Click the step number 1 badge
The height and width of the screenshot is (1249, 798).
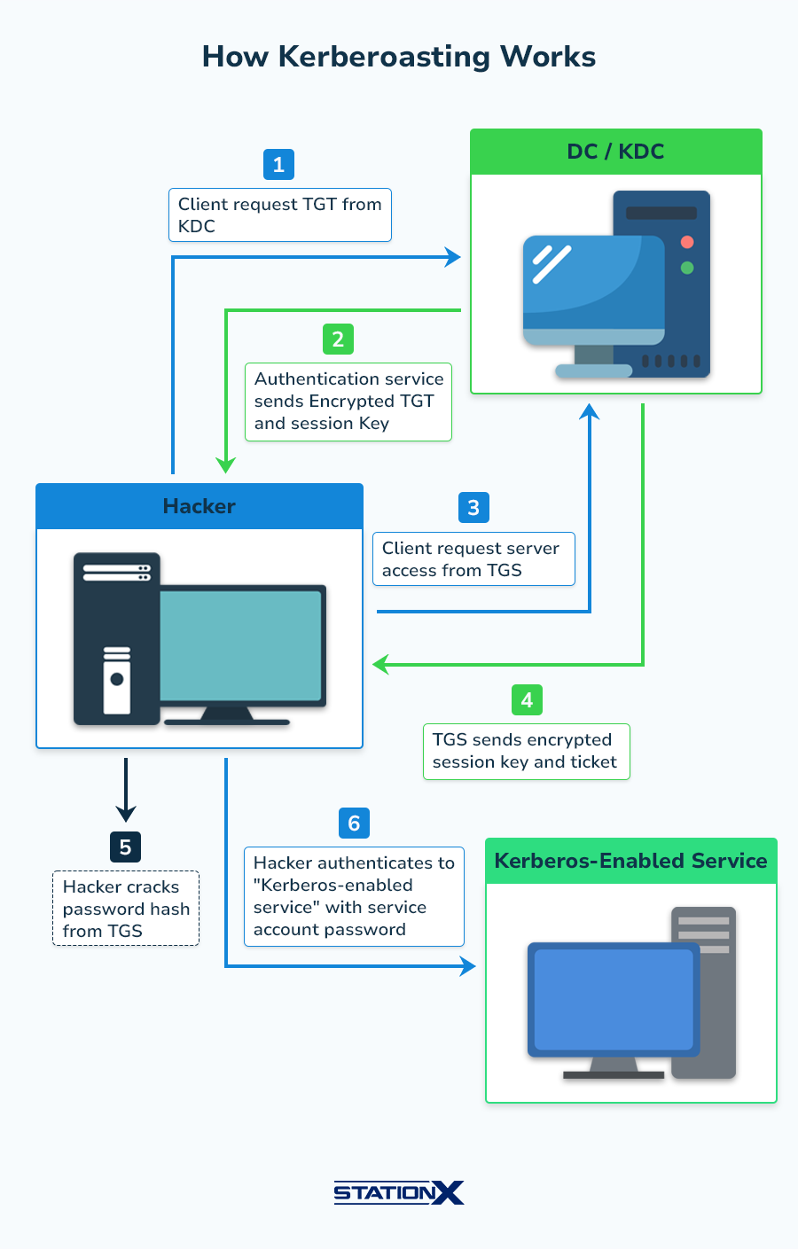278,165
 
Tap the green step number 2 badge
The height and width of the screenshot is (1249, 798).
338,340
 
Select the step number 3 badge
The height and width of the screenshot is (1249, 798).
473,508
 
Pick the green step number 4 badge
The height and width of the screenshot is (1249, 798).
527,700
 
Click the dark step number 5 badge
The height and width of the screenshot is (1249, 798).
125,847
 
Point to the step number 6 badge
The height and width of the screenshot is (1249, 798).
354,824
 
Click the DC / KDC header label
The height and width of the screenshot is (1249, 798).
615,152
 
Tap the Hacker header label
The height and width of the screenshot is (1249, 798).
199,506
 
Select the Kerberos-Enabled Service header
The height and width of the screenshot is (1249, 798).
630,861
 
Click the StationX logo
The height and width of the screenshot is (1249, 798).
399,1192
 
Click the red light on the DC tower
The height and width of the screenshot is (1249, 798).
687,242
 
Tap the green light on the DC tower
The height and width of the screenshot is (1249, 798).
687,268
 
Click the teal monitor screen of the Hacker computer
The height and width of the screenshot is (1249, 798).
240,644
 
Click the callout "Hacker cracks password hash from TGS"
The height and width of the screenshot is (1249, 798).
126,909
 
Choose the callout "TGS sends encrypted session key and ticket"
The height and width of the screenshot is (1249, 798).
526,752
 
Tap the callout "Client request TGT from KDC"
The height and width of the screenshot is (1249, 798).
279,215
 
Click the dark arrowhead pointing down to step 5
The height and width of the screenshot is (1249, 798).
126,812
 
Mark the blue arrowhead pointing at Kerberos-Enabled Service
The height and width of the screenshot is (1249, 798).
468,966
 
